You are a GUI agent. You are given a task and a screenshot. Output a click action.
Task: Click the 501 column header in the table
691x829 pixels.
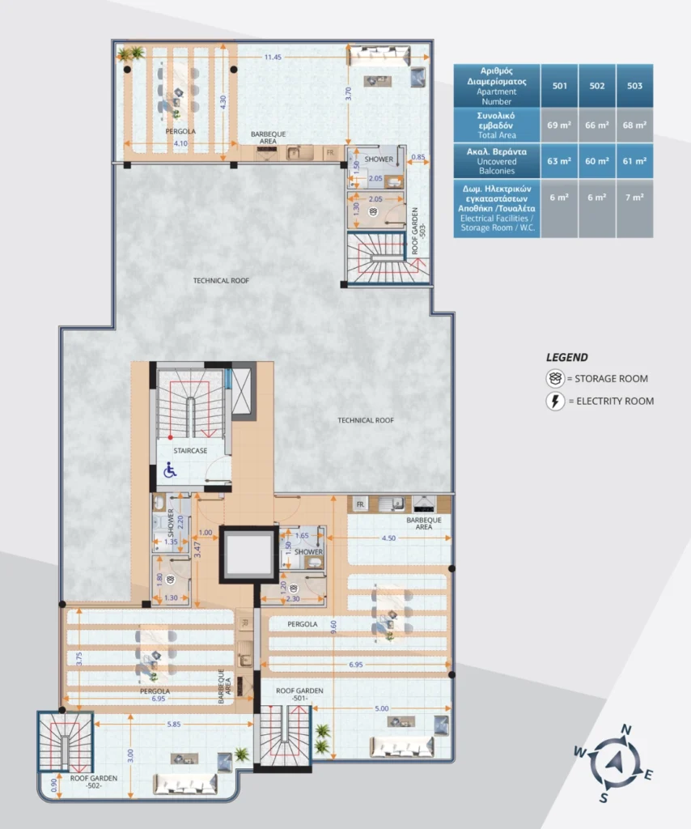point(559,86)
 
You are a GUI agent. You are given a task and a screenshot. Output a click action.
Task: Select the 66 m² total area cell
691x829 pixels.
point(597,125)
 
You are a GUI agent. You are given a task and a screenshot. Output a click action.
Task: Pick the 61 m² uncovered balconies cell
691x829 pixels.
point(634,161)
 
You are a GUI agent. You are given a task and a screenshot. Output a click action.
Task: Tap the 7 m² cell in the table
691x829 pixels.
point(634,198)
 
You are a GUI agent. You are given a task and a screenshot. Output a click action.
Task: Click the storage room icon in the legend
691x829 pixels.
point(555,379)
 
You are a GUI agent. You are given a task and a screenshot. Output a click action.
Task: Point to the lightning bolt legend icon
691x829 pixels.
point(555,402)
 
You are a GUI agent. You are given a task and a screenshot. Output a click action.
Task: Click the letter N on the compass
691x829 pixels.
point(626,730)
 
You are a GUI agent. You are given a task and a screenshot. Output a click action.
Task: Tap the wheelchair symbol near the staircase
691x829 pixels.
point(170,470)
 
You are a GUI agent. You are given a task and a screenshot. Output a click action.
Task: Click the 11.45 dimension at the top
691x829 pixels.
point(273,57)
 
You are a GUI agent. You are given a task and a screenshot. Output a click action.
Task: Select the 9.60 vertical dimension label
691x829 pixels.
point(333,627)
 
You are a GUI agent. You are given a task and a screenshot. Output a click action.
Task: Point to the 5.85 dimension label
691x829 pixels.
point(174,725)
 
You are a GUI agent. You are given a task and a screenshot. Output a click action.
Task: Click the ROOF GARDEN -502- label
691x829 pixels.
point(94,781)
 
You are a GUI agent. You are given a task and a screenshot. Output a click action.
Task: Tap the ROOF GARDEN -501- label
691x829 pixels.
point(299,694)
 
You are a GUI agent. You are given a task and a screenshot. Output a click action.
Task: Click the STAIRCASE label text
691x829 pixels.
point(190,450)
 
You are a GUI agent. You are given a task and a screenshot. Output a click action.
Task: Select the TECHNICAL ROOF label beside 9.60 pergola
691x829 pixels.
point(366,420)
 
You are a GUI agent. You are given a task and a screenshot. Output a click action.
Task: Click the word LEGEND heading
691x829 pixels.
point(567,357)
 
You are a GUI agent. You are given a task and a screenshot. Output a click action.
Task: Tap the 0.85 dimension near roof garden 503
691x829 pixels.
point(418,157)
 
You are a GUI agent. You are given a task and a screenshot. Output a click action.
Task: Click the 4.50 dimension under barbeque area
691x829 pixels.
point(388,538)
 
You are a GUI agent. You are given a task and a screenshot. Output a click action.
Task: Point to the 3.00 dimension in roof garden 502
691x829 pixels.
point(130,755)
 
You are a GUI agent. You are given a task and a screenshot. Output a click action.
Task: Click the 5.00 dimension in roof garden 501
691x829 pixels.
point(381,708)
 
